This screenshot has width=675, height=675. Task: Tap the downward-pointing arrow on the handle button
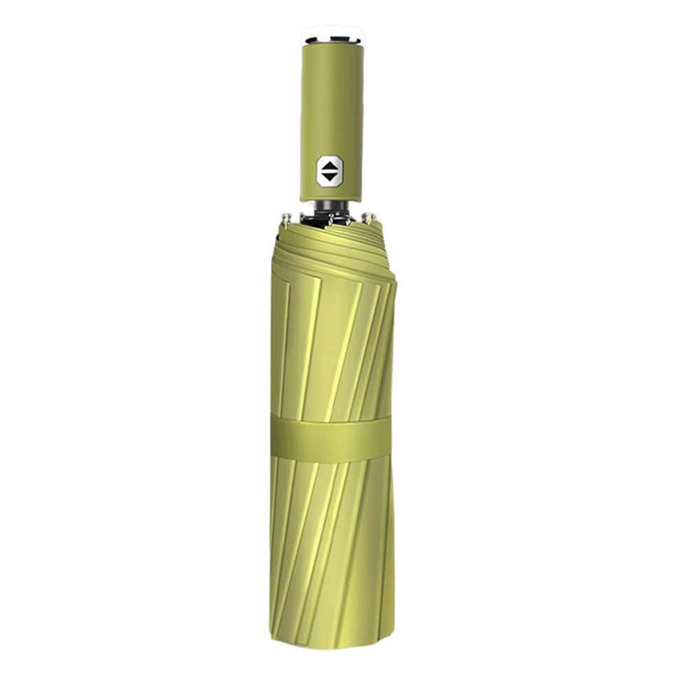[x=330, y=177]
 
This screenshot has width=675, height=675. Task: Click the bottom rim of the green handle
[x=331, y=199]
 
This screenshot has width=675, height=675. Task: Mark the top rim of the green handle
[x=332, y=47]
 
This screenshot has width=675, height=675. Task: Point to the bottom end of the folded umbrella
[x=331, y=645]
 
